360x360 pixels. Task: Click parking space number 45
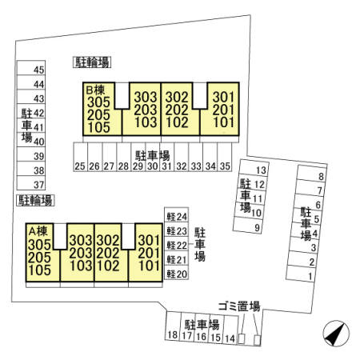pos(31,68)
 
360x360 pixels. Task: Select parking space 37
pos(31,183)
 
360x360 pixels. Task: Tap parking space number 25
pos(80,157)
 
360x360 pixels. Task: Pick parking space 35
pos(225,157)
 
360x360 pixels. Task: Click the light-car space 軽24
pos(176,214)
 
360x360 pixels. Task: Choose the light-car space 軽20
pos(176,272)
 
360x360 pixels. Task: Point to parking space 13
pos(254,168)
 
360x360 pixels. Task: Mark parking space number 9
pos(248,226)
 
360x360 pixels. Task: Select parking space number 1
pos(300,274)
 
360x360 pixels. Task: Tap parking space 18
pos(173,326)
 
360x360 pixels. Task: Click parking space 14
pos(230,330)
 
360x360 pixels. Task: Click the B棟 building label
pos(95,90)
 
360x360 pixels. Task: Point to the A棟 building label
pos(38,231)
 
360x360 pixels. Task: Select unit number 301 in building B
pos(223,98)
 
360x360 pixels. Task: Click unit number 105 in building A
pos(40,270)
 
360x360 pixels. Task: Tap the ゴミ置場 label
pos(239,306)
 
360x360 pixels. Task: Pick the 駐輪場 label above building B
pos(92,62)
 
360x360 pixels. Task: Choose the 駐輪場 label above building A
pos(35,200)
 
